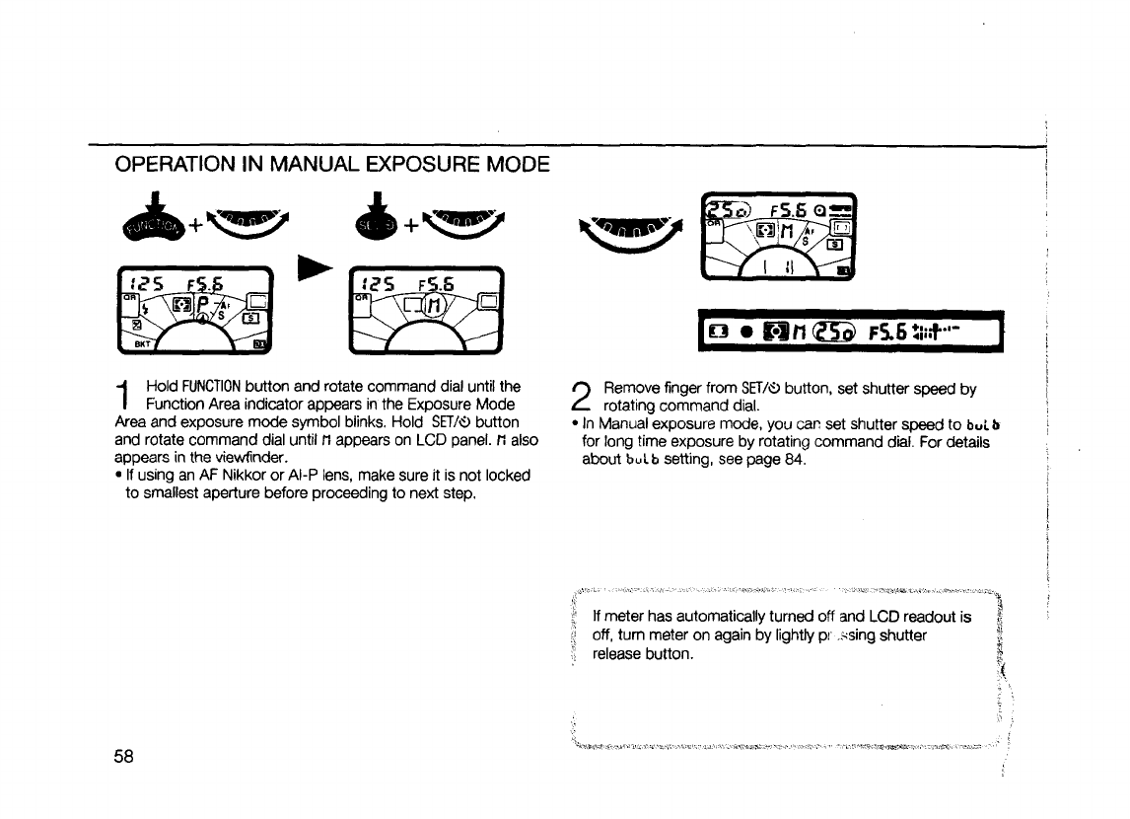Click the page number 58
[x=128, y=757]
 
